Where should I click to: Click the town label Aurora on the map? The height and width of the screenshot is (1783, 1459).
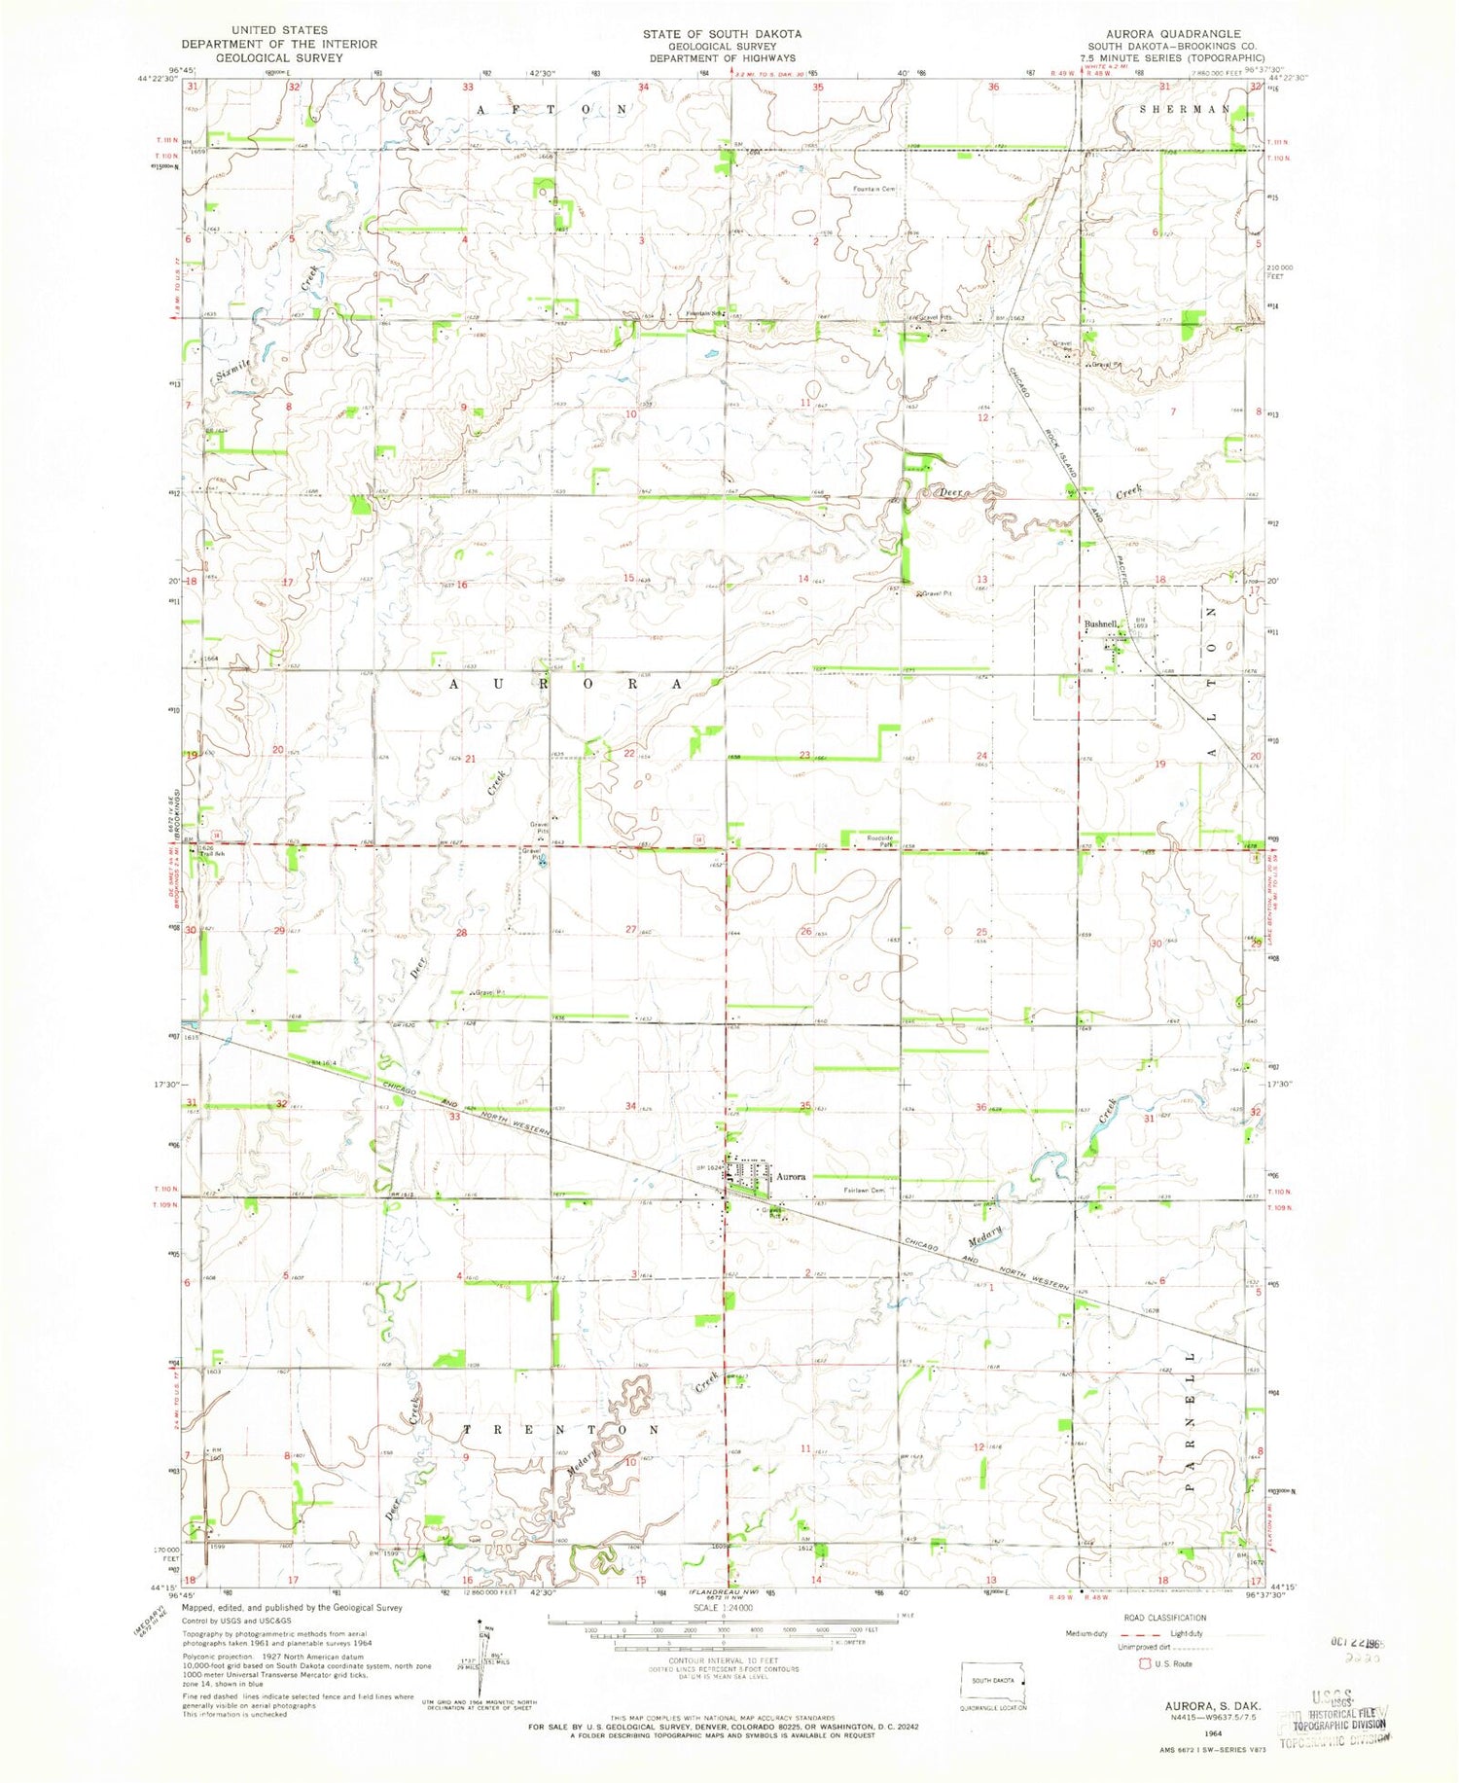coord(791,1176)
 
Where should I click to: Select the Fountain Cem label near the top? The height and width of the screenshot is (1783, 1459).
coord(874,189)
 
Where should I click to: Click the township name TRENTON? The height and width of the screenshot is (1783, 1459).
coord(559,1430)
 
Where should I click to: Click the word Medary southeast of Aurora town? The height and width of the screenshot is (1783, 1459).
coord(984,1238)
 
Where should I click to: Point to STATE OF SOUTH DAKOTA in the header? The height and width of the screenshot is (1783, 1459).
coord(722,33)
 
